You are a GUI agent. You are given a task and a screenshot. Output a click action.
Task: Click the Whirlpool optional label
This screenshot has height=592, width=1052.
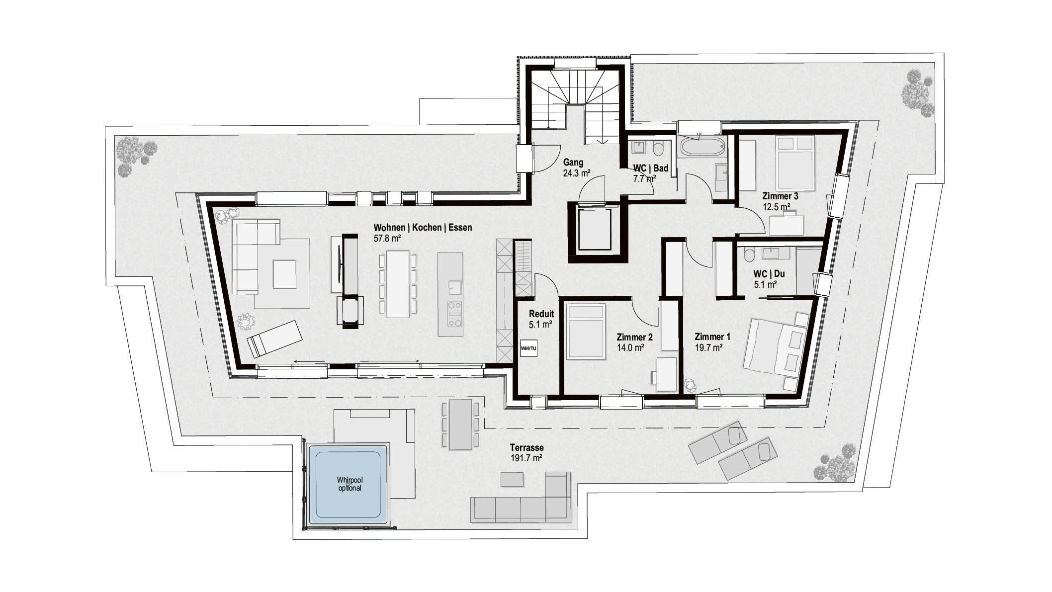(x=348, y=484)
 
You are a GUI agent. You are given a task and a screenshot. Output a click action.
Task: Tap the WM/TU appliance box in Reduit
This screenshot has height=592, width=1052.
(x=528, y=348)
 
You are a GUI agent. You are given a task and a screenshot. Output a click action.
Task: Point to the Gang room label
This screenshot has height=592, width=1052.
(x=573, y=163)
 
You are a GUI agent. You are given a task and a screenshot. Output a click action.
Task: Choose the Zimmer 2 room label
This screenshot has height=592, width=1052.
(x=634, y=337)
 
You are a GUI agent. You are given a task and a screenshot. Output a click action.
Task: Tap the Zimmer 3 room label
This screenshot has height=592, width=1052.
(x=780, y=196)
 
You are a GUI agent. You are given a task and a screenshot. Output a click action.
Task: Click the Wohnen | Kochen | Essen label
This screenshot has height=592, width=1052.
(x=423, y=228)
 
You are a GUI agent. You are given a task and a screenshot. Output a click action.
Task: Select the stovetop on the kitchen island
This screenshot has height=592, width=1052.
(x=454, y=313)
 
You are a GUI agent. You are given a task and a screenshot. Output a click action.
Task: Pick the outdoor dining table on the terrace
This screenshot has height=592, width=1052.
(x=460, y=424)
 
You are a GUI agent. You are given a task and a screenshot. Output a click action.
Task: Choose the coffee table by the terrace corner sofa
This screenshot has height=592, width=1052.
(x=512, y=480)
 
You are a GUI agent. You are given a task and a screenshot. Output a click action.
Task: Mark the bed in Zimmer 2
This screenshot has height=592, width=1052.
(x=586, y=332)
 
